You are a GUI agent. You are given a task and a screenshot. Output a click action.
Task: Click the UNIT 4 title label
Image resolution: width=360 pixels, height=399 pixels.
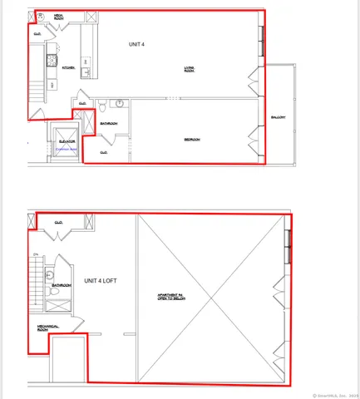(x=137, y=43)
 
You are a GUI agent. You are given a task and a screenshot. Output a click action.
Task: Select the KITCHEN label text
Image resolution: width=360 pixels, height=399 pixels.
(x=69, y=68)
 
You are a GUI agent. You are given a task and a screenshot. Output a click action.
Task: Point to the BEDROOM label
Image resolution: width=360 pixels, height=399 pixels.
(x=192, y=140)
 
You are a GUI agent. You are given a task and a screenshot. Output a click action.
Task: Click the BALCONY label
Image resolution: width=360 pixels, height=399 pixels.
(x=279, y=117)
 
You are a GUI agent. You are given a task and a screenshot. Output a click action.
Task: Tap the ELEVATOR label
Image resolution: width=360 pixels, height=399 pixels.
(x=67, y=141)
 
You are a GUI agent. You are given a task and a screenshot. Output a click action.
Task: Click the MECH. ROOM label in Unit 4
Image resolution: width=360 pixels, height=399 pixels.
(x=60, y=17)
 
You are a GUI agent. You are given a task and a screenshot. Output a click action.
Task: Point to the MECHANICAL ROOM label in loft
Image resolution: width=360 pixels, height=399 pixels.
(x=47, y=328)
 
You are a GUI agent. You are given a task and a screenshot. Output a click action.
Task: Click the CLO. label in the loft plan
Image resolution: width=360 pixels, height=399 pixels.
(x=59, y=222)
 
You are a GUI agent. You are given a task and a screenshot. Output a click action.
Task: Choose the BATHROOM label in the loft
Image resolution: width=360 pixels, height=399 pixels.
(x=60, y=285)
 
